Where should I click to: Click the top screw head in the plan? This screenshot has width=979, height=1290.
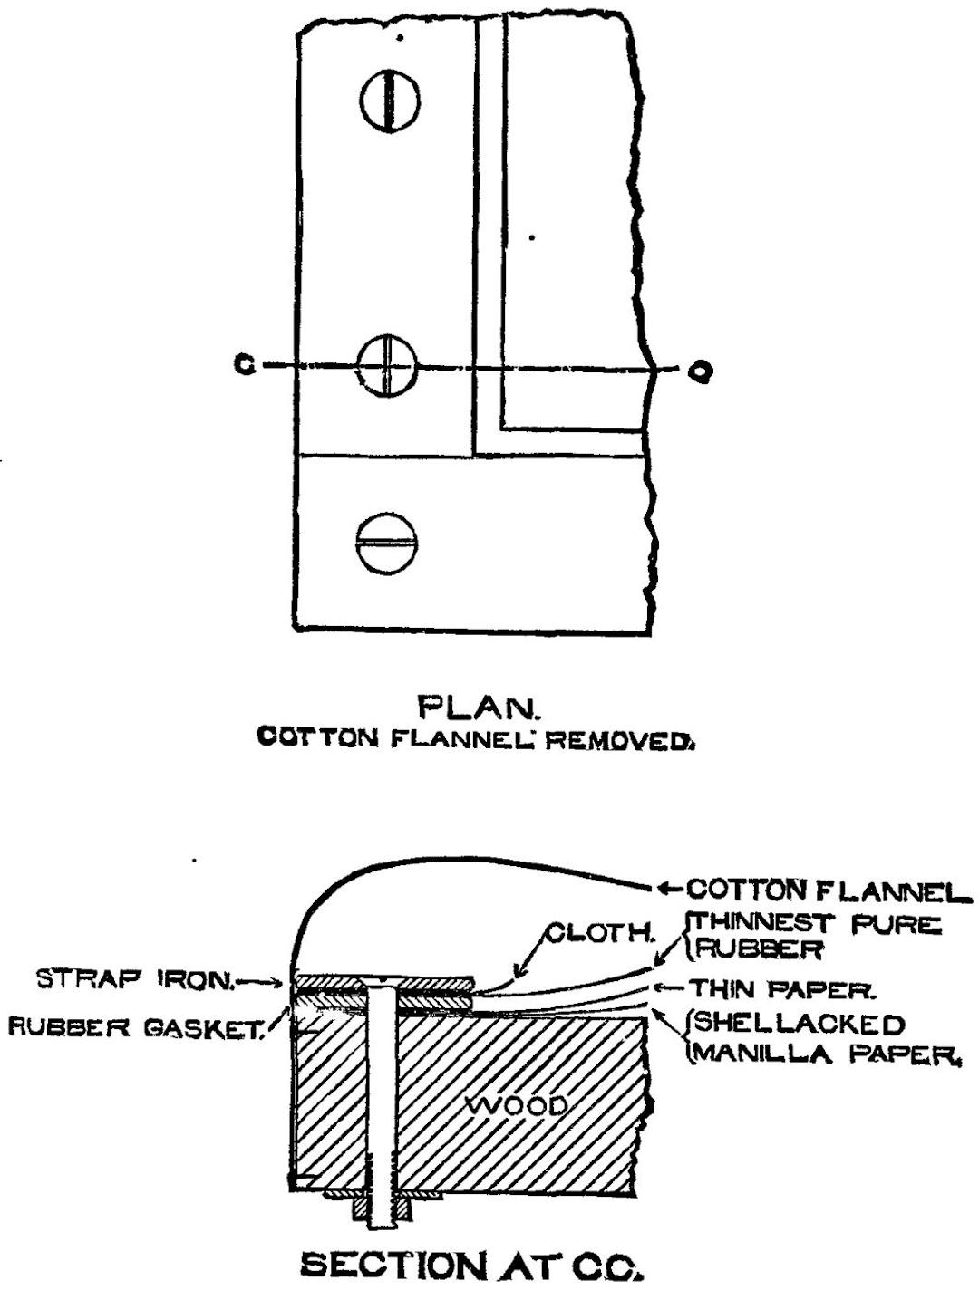390,100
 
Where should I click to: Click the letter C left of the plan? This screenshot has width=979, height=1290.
242,365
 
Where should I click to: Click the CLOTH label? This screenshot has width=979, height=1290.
599,933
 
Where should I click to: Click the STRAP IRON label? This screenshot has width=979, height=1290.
134,979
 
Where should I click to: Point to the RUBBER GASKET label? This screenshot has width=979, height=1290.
134,1027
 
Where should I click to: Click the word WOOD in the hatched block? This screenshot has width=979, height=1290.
518,1106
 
